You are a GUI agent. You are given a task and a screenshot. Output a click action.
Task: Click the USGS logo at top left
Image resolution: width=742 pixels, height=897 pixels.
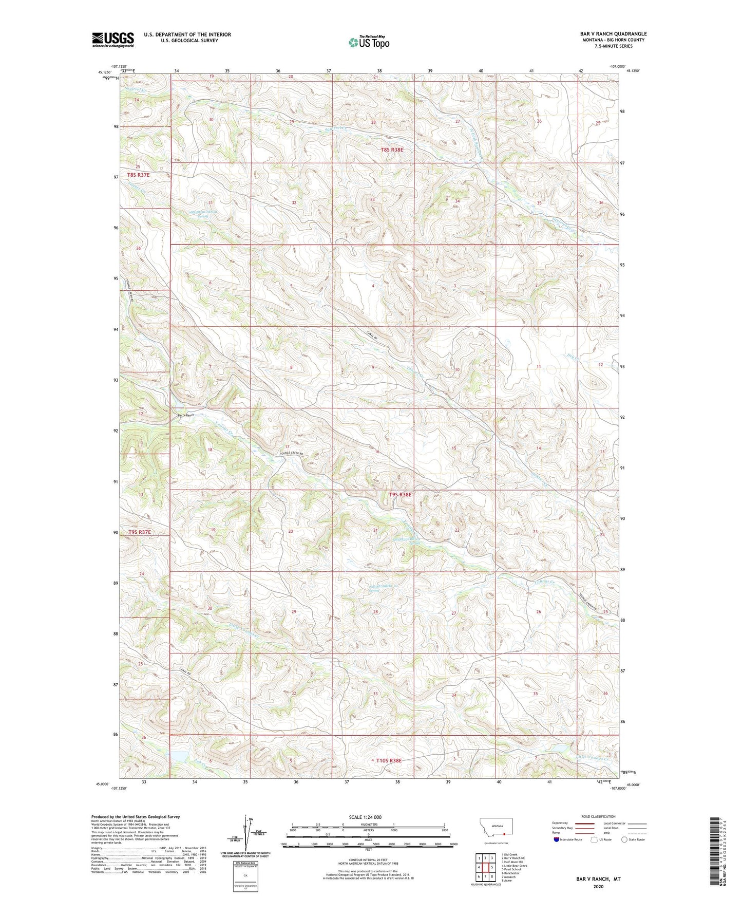click(113, 40)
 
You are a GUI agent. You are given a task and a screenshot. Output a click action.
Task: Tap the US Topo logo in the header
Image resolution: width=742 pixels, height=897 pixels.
click(369, 42)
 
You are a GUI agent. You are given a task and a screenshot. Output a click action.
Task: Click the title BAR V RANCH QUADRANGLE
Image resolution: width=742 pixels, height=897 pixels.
click(613, 34)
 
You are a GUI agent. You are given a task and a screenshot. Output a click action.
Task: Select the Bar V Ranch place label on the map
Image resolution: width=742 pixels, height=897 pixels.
click(186, 415)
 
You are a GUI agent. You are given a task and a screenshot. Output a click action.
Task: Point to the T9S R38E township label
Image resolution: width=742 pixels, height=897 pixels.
click(400, 494)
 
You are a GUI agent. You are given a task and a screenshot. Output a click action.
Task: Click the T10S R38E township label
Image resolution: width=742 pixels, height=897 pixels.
click(389, 760)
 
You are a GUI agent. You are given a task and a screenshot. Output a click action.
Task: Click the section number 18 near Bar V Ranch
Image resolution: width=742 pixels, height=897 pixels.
click(210, 450)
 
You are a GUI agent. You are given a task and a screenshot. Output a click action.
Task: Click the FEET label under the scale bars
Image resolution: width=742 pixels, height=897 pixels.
click(368, 850)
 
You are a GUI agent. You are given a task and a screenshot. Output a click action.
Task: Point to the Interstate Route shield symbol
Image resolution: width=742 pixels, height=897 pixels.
click(557, 839)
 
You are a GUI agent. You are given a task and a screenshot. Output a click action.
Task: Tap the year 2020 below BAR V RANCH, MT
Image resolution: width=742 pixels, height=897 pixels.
click(598, 887)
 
